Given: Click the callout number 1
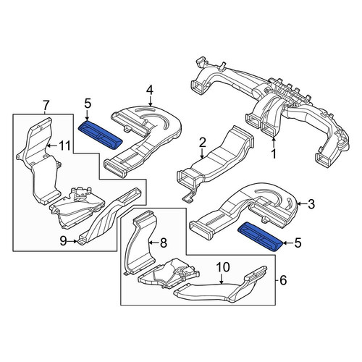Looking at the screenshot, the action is coord(274,153).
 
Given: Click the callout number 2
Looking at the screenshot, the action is coord(202,143).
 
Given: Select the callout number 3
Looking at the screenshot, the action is coord(311,204).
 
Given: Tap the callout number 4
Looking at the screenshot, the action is coord(150,90).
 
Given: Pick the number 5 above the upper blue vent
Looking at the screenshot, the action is coord(88,104).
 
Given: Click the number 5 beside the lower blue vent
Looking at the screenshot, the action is coord(298,243).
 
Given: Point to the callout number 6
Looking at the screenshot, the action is coord(283,280).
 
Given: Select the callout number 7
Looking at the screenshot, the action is coord(46,106).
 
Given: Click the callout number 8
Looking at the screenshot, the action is coord(164,243).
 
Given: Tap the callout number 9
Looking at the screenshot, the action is coord(63,241).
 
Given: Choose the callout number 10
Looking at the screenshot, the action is coord(223,267).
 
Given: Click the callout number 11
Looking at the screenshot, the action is coord(64,146).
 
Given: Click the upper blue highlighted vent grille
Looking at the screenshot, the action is coord(101,135).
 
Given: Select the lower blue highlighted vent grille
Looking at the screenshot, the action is coord(260,237).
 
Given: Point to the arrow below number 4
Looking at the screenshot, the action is coord(150,101).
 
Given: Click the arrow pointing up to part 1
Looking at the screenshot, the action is coord(274,143).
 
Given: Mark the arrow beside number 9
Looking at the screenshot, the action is coord(73,241).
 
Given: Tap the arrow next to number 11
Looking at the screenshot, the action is coord(51,146).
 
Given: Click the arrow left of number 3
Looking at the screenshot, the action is coord(302,204).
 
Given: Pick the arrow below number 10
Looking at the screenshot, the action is coord(222,278).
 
